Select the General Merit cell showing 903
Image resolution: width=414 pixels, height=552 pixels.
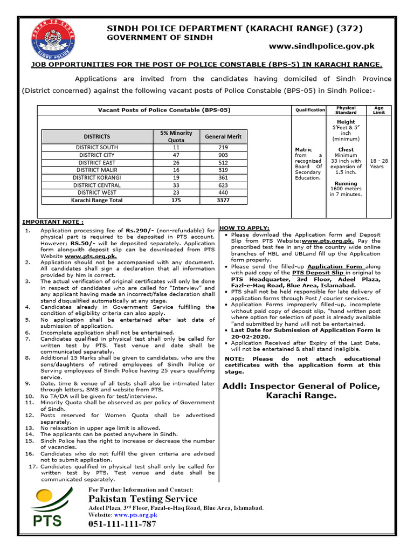tap(223, 154)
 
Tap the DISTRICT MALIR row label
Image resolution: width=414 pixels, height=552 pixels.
tap(96, 170)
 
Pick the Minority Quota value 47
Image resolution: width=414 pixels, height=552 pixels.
tap(176, 154)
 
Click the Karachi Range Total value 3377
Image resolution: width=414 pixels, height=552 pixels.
tap(223, 201)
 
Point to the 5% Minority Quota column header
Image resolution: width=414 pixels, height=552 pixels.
tap(176, 136)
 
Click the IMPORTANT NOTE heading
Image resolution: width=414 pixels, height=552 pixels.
tap(53, 222)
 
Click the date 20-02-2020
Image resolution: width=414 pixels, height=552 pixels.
tap(250, 336)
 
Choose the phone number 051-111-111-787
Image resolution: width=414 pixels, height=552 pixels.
tap(122, 524)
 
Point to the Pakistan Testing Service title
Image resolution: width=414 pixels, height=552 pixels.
tap(142, 498)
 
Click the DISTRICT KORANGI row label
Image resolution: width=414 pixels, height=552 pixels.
tap(96, 177)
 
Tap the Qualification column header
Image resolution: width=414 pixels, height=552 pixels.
tap(310, 110)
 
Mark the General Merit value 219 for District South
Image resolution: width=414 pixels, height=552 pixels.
tap(223, 147)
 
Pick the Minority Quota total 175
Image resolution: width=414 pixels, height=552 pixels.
tap(176, 201)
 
